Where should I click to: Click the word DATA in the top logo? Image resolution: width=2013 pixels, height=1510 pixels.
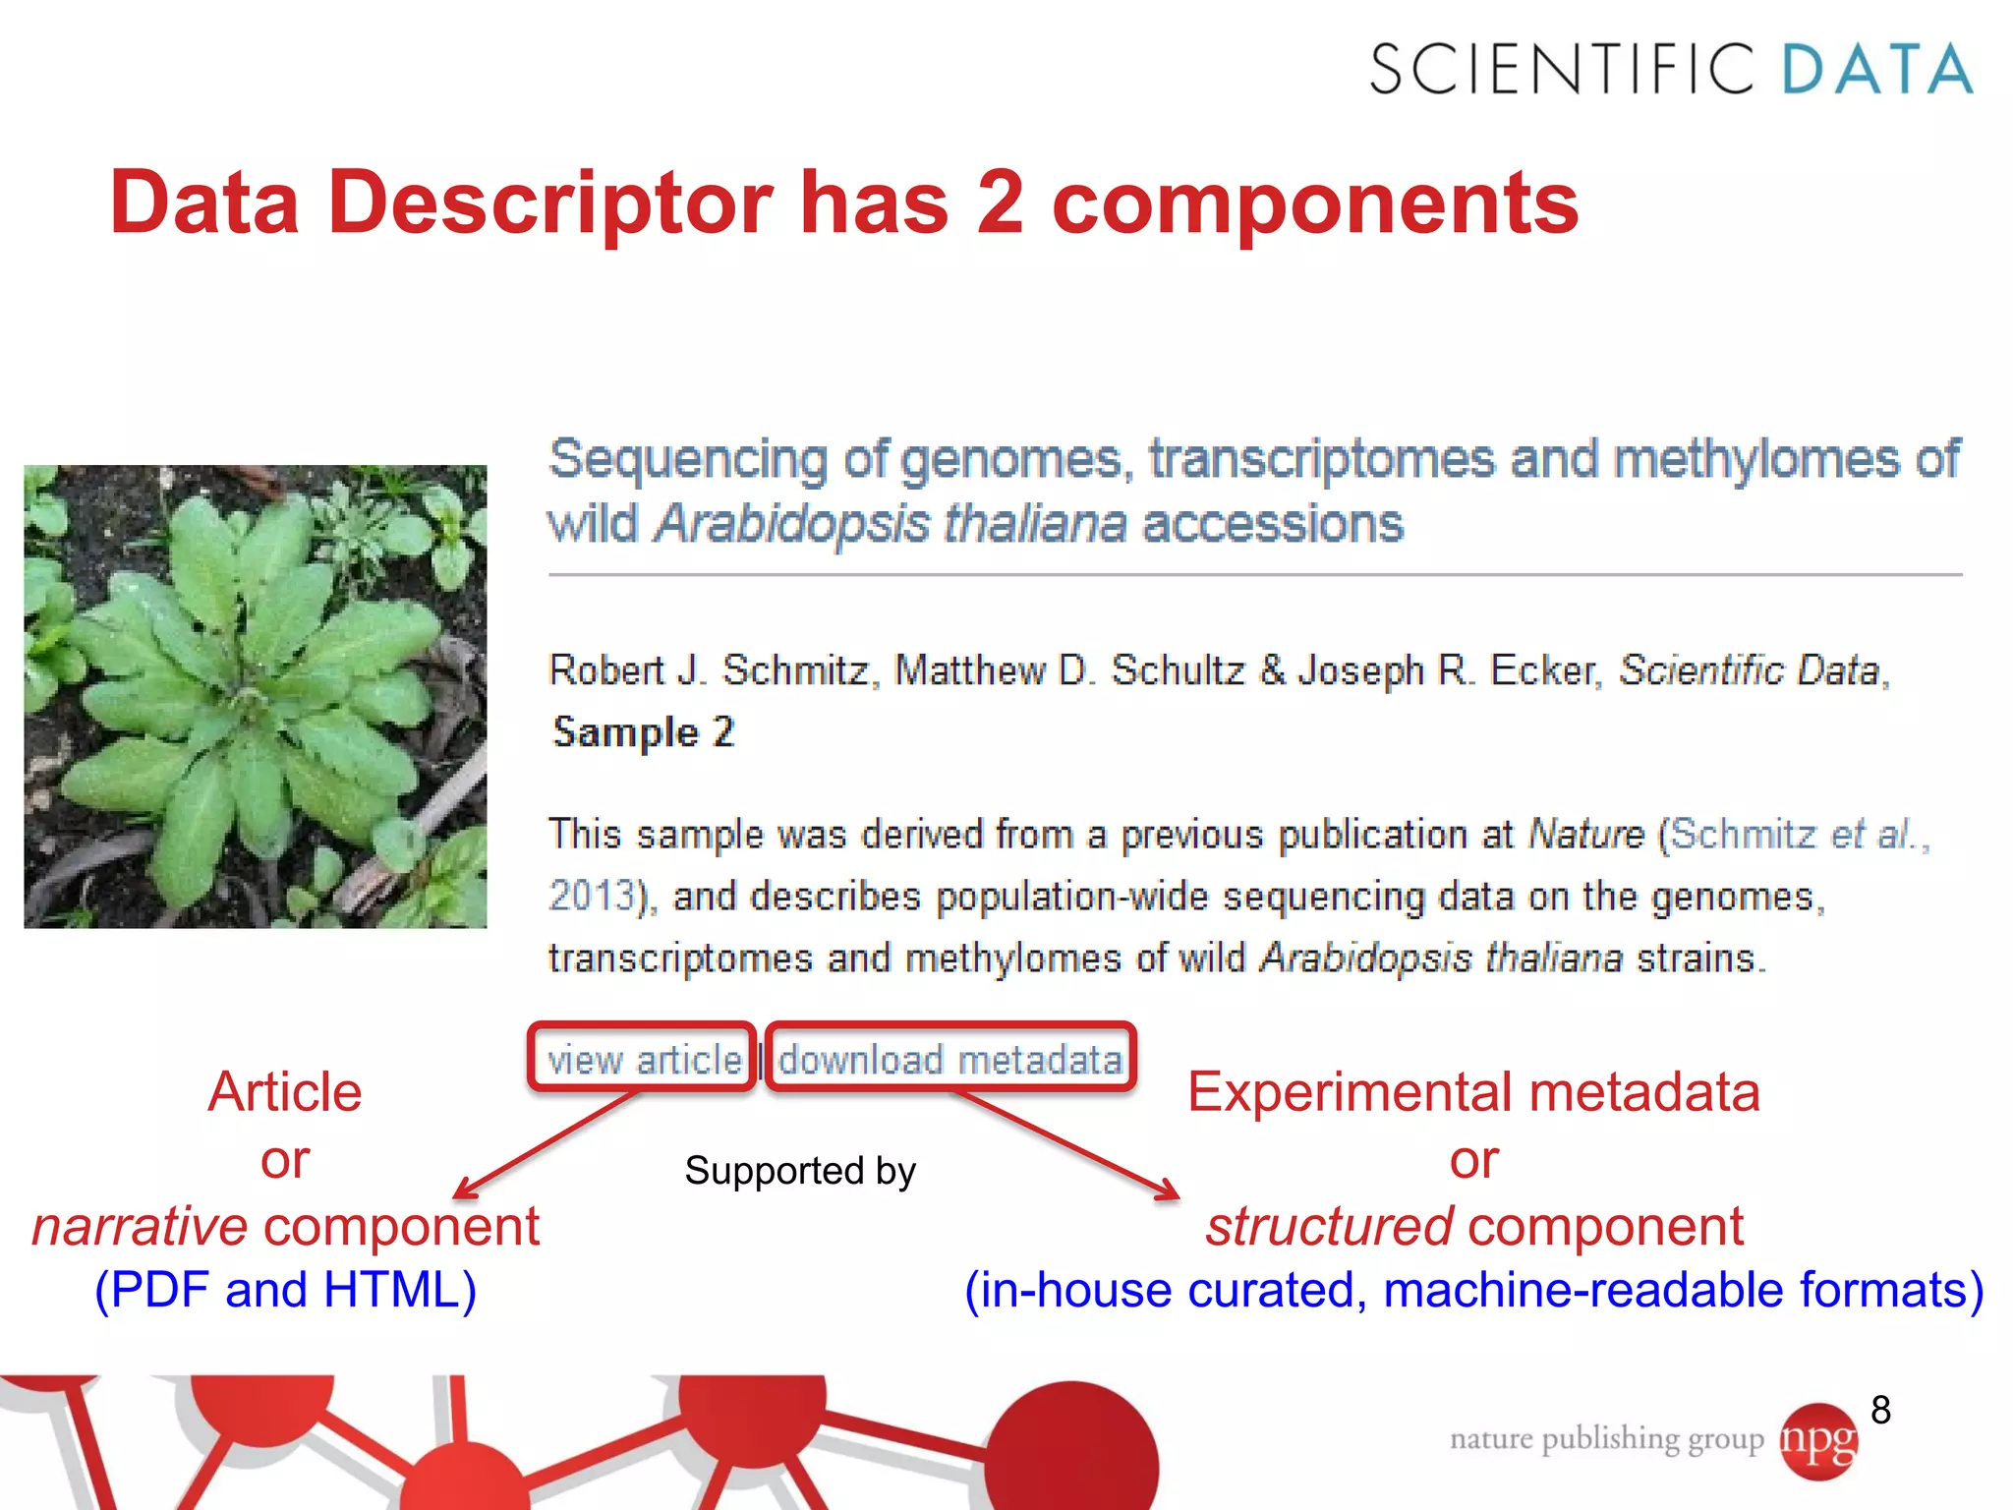point(1875,69)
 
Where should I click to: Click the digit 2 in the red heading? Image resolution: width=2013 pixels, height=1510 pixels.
point(1000,203)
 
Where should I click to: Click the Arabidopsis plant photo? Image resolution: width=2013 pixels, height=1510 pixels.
point(256,696)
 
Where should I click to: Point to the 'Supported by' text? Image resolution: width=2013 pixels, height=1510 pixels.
point(799,1170)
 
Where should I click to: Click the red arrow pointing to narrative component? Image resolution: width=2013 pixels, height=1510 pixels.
point(546,1145)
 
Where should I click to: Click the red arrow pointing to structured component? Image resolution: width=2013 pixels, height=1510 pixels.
point(1071,1145)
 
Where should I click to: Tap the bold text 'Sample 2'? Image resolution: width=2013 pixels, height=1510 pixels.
point(644,732)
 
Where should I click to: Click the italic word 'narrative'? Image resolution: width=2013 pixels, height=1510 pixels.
point(140,1226)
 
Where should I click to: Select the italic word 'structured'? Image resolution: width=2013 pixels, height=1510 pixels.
point(1329,1226)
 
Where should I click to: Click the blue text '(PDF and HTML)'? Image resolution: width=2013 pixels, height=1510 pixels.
point(285,1290)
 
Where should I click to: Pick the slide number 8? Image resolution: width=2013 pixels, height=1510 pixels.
point(1880,1410)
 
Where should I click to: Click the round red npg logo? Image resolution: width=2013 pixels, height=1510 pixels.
point(1818,1441)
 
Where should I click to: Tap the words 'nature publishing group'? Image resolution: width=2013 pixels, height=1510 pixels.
point(1606,1439)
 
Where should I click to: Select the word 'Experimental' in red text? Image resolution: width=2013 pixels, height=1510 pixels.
point(1352,1092)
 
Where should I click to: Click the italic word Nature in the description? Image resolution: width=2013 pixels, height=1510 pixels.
point(1585,835)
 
